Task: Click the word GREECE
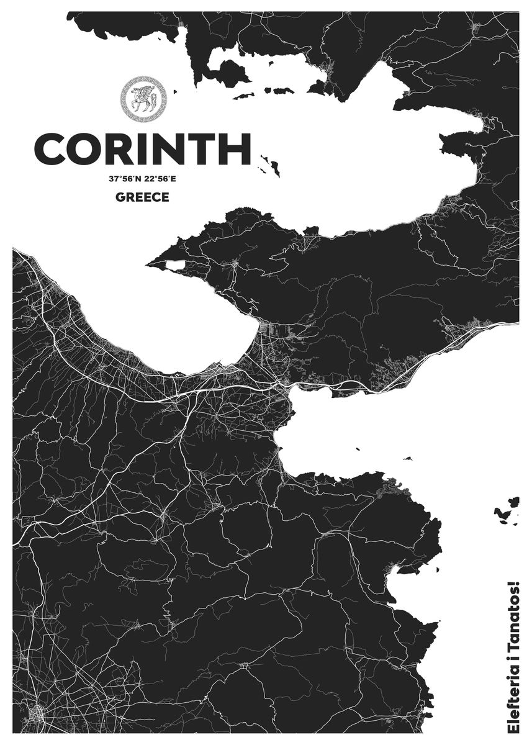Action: coord(142,197)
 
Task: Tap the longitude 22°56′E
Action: coord(160,179)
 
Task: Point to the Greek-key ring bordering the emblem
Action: coord(143,79)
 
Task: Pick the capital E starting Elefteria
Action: coord(514,728)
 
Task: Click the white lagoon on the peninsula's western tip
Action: coord(174,265)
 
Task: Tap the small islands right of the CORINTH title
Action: coord(271,164)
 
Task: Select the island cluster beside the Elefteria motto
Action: coord(508,510)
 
